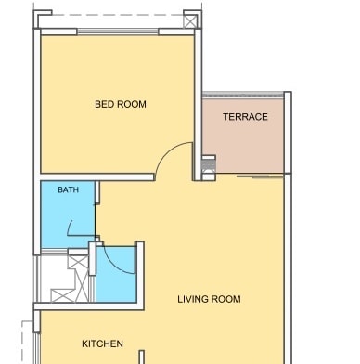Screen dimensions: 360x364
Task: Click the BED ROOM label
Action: point(121,104)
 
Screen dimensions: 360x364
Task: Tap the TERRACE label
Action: point(245,117)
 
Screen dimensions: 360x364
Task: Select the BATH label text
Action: point(68,189)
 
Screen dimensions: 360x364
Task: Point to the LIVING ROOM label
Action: point(209,299)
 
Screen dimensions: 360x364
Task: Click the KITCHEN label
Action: point(102,344)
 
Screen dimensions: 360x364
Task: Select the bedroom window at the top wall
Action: point(118,32)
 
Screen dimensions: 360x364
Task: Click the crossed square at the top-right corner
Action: point(190,21)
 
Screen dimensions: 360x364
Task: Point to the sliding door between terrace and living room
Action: point(260,176)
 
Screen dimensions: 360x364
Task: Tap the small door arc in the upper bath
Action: point(70,227)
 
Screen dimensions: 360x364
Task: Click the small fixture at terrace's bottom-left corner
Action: point(209,168)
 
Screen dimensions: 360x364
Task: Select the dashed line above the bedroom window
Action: point(118,15)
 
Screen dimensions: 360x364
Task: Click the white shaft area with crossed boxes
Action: point(65,277)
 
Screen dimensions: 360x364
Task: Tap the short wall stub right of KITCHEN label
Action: point(142,357)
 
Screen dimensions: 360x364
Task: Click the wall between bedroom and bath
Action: point(97,177)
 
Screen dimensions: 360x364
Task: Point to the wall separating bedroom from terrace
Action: point(198,105)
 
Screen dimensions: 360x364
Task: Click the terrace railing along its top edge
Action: point(243,95)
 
